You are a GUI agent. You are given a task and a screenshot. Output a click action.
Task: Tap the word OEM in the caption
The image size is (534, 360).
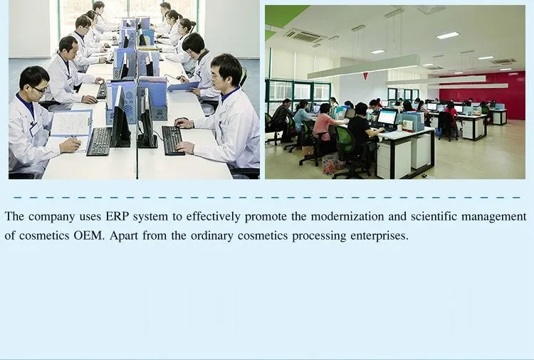point(89,235)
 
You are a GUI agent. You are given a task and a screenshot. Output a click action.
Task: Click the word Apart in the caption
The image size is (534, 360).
point(124,235)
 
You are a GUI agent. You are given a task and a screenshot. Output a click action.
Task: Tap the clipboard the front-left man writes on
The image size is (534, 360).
point(70,125)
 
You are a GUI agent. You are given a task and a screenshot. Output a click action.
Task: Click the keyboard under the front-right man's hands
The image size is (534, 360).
point(172,140)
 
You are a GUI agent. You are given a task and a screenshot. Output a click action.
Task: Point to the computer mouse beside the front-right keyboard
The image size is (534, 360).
point(181,120)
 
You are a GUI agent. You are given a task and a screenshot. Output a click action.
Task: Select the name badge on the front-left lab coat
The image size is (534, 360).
point(35,129)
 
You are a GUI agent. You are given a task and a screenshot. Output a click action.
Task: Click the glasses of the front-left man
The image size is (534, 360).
point(39,90)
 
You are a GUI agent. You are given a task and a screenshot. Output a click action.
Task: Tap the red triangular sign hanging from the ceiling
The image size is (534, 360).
point(365,75)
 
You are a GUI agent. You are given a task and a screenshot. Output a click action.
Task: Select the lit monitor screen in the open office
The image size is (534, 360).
point(387,117)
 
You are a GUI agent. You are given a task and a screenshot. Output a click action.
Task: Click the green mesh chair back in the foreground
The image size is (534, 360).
point(345,139)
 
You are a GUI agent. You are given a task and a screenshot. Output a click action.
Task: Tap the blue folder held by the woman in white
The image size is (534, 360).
point(183,86)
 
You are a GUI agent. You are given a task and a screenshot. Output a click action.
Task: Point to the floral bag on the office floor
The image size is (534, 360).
point(333,164)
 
